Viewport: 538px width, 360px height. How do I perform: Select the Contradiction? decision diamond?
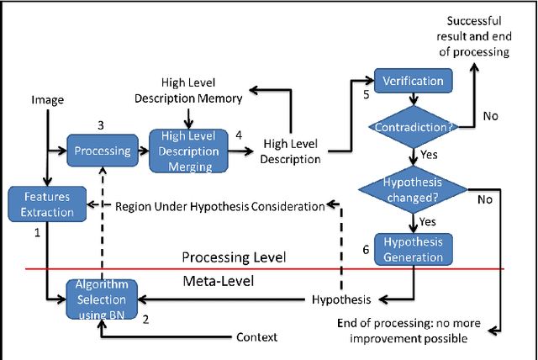[x=412, y=126]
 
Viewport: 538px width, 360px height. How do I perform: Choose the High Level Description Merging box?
[x=188, y=151]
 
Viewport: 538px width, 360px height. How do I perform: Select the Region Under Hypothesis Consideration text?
[x=219, y=206]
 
